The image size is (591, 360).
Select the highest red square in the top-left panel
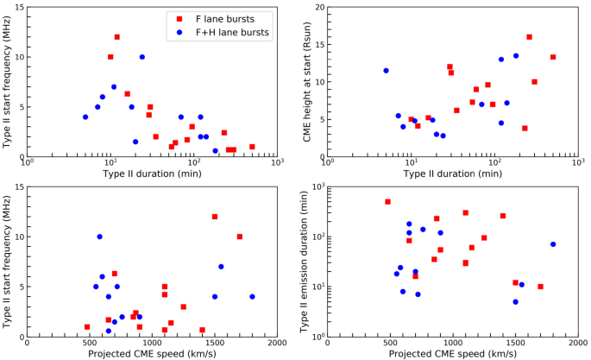click(117, 37)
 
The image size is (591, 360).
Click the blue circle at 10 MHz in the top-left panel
click(142, 57)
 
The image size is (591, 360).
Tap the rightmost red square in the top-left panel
click(252, 147)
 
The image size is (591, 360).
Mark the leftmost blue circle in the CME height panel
click(386, 71)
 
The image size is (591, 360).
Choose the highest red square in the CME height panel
click(529, 37)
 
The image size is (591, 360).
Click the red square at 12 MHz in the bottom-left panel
click(215, 217)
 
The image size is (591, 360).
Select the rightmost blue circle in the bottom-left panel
click(253, 297)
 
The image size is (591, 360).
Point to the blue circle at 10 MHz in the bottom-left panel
click(100, 237)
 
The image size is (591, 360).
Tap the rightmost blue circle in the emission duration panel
click(553, 244)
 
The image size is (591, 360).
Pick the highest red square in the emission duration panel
click(387, 202)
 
